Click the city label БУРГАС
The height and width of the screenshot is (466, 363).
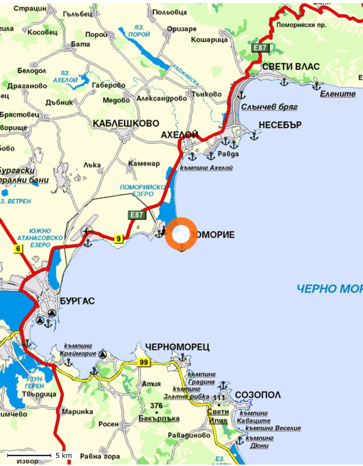pyautogui.click(x=78, y=301)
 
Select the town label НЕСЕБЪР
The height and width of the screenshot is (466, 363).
pyautogui.click(x=280, y=125)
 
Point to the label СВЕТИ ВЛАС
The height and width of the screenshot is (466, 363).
pyautogui.click(x=291, y=66)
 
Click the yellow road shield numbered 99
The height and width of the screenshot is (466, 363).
pyautogui.click(x=143, y=362)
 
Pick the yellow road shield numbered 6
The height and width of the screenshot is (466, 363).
pyautogui.click(x=18, y=249)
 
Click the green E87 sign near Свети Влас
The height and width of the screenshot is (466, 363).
pyautogui.click(x=260, y=48)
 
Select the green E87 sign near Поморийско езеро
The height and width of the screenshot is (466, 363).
pyautogui.click(x=137, y=214)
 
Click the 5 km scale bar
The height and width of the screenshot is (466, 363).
pyautogui.click(x=29, y=455)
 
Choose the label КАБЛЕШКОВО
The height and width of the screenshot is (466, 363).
pyautogui.click(x=126, y=123)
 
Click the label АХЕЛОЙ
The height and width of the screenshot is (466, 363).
pyautogui.click(x=180, y=135)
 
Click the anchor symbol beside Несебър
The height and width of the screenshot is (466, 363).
pyautogui.click(x=254, y=136)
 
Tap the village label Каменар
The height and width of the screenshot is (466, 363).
pyautogui.click(x=144, y=163)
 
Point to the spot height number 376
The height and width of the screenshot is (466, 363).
pyautogui.click(x=156, y=406)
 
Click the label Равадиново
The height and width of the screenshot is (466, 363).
pyautogui.click(x=189, y=435)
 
